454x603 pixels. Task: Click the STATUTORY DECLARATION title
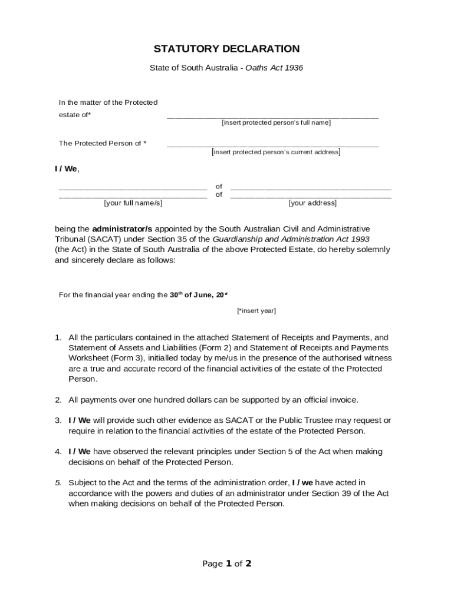226,49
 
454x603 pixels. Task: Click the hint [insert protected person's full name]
276,122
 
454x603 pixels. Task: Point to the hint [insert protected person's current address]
276,152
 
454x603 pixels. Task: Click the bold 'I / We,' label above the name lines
67,169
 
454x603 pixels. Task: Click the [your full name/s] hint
133,203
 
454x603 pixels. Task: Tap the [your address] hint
312,203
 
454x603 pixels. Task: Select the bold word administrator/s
122,228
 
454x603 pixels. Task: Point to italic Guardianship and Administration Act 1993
291,239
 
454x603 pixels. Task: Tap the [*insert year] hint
256,310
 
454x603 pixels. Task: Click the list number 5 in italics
58,483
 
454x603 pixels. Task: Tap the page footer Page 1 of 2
227,564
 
